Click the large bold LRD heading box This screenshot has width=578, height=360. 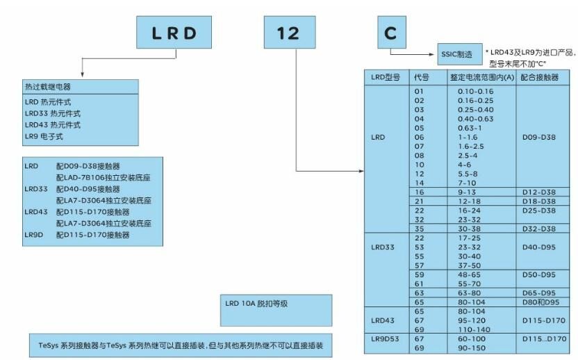click(174, 32)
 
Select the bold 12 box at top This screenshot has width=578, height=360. click(290, 32)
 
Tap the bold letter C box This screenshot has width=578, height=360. click(392, 32)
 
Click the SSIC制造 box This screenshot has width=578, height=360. click(460, 54)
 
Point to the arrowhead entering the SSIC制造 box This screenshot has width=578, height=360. click(432, 54)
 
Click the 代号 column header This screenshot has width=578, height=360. click(421, 77)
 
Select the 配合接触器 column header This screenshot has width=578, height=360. click(539, 77)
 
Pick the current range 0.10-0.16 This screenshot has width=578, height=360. click(475, 92)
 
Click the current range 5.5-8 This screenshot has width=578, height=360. click(468, 174)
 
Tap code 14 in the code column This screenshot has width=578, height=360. click(419, 183)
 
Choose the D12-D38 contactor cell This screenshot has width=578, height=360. click(539, 193)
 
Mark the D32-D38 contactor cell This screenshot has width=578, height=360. click(539, 229)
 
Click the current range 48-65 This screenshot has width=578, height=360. click(469, 275)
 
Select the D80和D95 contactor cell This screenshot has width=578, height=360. click(540, 302)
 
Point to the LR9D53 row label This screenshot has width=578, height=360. click(385, 338)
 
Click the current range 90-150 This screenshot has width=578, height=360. click(471, 347)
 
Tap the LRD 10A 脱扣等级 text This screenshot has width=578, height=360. click(256, 304)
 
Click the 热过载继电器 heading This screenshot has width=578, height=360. click(47, 87)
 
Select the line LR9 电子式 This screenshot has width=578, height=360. click(44, 136)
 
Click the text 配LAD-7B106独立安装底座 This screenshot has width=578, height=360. click(104, 177)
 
